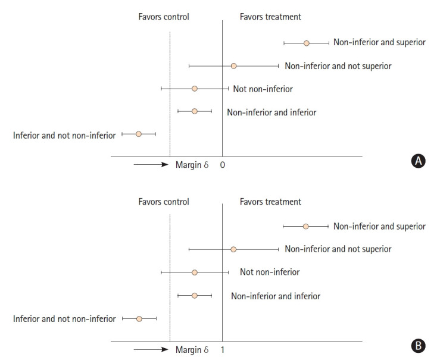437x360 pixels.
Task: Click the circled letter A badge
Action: coord(419,161)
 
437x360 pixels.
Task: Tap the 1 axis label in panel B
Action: coord(223,349)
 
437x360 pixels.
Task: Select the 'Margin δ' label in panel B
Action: coord(192,349)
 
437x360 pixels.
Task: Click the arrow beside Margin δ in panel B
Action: coord(151,349)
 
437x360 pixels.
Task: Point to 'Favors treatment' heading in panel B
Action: coord(270,202)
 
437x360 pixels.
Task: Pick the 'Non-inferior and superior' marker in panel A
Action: coord(307,43)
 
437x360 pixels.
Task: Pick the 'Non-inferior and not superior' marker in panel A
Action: coord(233,66)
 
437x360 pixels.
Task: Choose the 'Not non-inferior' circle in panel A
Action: coord(194,89)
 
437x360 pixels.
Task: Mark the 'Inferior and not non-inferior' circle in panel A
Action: coord(138,134)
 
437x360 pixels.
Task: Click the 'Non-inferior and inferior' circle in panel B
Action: coord(195,296)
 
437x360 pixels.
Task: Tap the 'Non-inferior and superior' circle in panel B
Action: coord(306,227)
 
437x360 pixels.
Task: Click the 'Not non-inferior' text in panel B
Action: coord(270,273)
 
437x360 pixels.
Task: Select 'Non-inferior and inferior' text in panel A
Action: coord(271,112)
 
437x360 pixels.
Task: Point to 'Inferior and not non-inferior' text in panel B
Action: coord(64,319)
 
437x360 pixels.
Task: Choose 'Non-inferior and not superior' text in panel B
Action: coord(338,249)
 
